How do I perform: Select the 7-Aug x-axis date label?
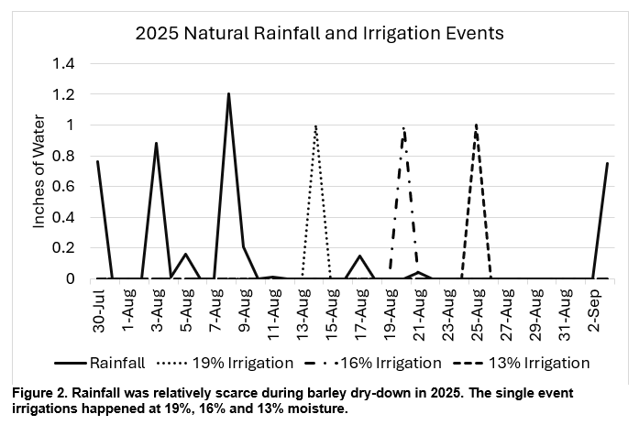[x=216, y=314]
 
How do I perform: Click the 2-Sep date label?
[x=593, y=314]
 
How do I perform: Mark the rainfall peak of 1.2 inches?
[x=228, y=94]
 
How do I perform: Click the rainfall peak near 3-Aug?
[x=156, y=144]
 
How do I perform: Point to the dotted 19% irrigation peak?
[x=315, y=126]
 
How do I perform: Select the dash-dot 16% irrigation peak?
[x=403, y=128]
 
